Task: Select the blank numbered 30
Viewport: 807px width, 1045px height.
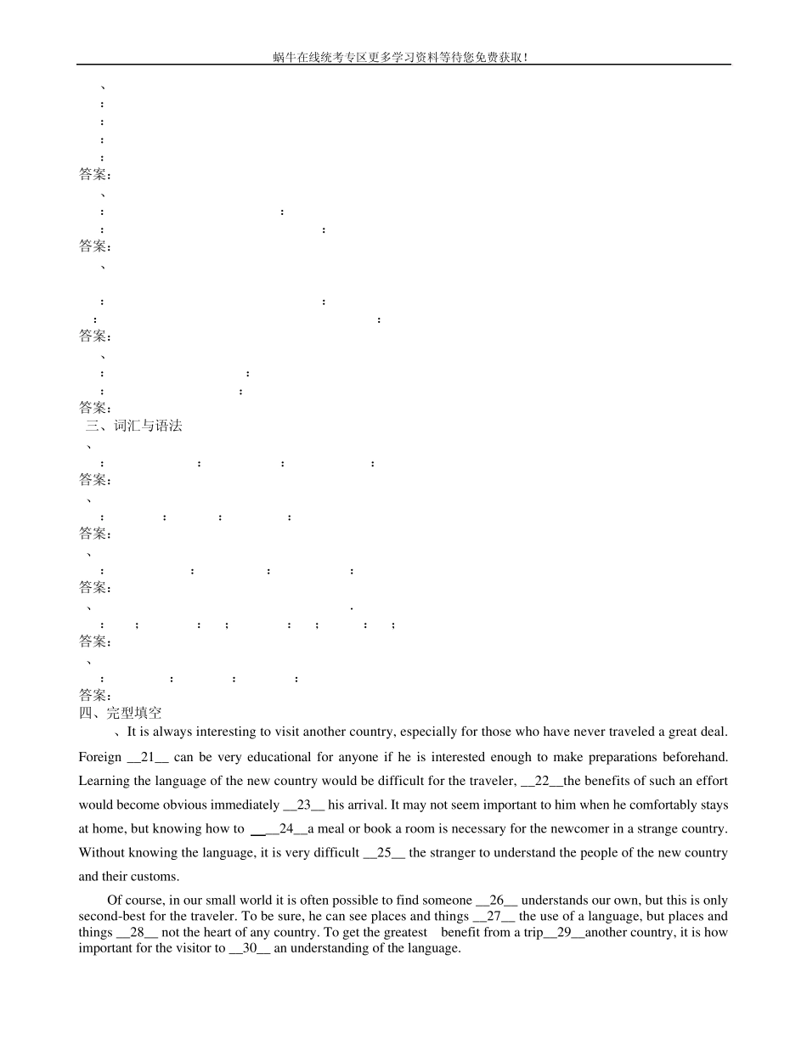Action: click(250, 948)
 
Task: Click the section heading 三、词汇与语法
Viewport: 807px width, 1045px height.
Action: click(133, 426)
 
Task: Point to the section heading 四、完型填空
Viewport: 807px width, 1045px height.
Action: click(120, 713)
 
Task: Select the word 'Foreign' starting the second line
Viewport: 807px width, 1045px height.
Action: click(100, 757)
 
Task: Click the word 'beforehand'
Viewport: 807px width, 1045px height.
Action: click(695, 757)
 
